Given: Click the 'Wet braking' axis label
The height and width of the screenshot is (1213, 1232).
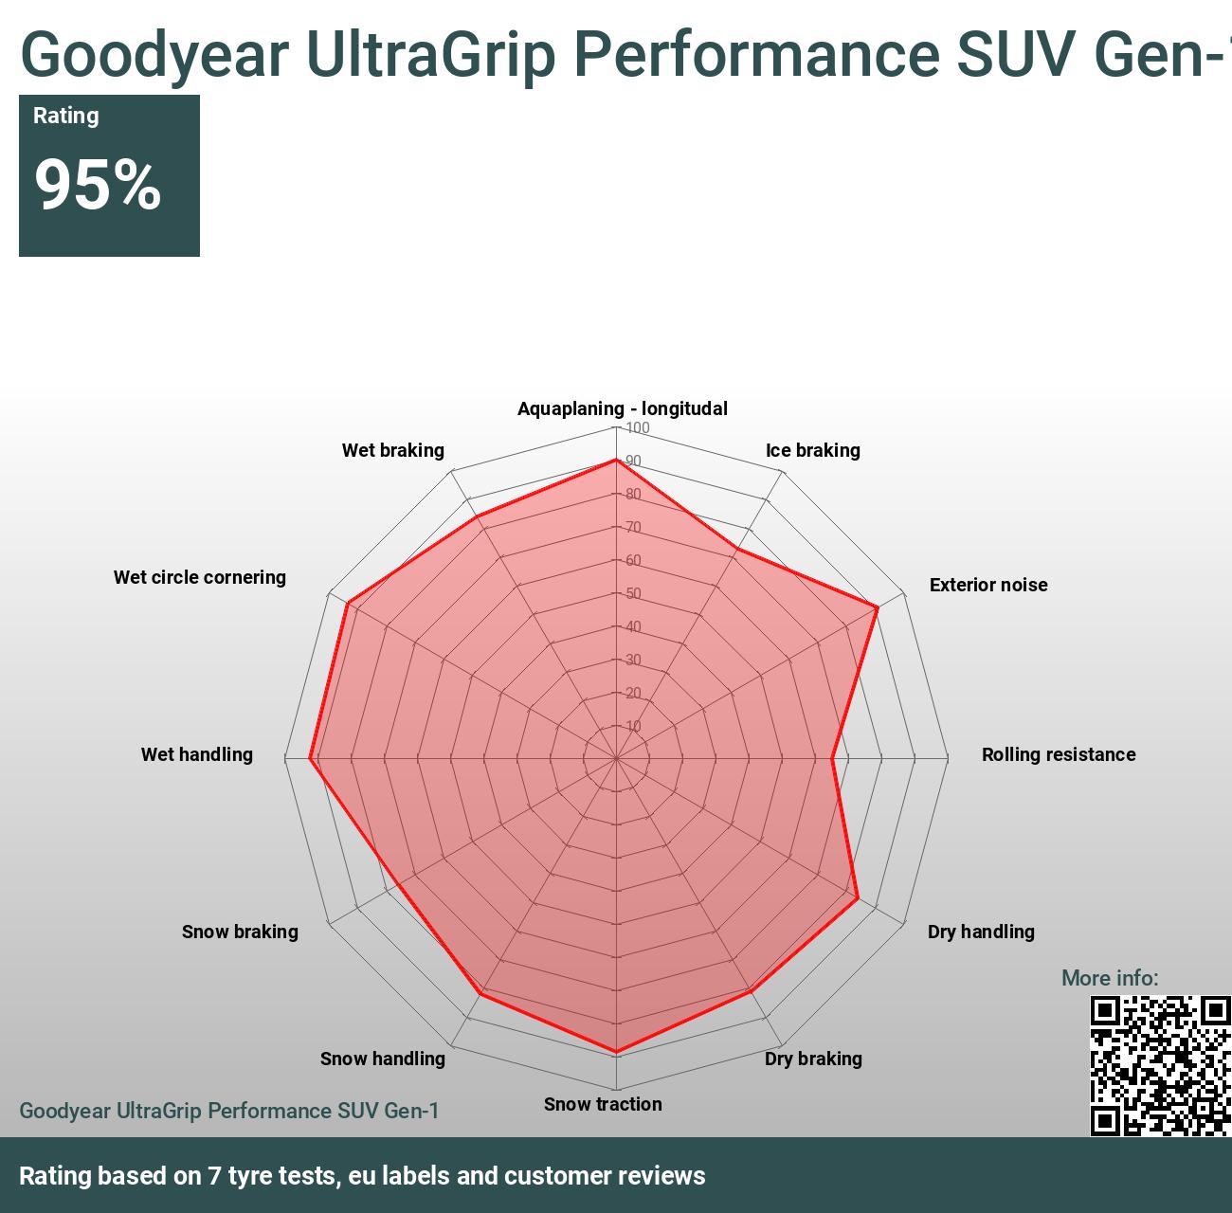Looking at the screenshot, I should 392,450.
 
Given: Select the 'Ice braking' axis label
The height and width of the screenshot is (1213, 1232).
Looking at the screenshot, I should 812,450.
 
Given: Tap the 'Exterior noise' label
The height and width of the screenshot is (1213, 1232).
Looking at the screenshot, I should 987,585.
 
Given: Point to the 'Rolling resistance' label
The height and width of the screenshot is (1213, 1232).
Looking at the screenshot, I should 1058,754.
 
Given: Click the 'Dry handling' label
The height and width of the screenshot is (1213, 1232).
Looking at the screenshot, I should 980,932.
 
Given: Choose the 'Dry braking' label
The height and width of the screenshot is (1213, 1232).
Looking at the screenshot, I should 813,1059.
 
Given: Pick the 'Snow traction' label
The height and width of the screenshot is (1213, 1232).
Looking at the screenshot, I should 603,1104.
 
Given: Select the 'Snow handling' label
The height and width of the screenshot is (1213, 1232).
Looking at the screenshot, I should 382,1059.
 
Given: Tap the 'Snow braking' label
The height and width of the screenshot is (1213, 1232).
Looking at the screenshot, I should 240,932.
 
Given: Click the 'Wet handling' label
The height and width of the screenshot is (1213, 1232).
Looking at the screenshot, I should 196,754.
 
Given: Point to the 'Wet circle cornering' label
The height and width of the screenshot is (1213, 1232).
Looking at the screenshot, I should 199,577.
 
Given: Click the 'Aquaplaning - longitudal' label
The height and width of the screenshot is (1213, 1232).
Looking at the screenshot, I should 622,408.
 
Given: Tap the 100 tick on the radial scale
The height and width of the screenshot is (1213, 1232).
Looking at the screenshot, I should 638,428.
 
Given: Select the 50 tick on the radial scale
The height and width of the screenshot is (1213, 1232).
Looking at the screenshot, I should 633,594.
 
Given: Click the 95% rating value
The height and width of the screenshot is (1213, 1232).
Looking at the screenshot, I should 98,184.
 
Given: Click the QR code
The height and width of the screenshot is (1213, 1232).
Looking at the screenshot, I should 1160,1065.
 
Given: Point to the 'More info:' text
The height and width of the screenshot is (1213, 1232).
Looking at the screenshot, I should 1109,978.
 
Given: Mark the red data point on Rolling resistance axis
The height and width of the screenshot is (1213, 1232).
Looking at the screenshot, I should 832,758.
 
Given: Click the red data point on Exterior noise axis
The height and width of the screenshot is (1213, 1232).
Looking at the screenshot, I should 878,606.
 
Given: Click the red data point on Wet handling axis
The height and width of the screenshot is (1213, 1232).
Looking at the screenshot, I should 311,758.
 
